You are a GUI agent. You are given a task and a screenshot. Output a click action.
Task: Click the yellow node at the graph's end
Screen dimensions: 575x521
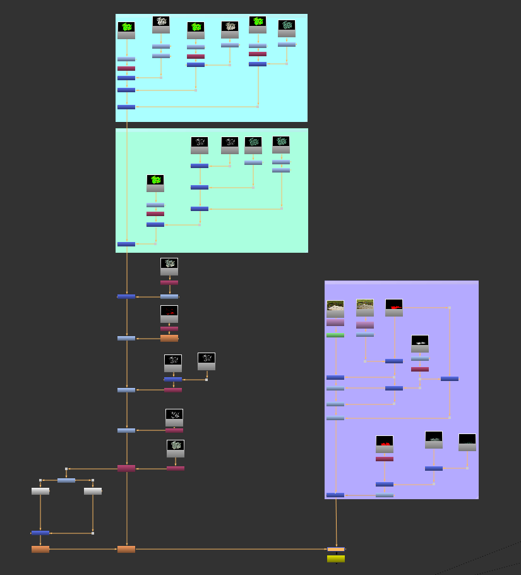tap(336, 559)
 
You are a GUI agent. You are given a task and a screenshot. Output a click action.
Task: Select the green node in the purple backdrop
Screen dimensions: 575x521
tap(335, 336)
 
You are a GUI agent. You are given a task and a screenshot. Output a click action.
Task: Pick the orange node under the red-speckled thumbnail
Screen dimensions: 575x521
tap(169, 339)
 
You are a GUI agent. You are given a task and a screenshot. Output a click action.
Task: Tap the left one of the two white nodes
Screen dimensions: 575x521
tap(40, 491)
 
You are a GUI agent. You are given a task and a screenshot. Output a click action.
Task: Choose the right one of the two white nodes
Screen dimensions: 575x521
tap(93, 491)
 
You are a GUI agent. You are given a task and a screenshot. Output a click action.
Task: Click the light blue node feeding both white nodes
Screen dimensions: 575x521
tap(66, 480)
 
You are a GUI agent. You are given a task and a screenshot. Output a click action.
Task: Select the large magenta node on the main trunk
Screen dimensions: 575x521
tap(126, 468)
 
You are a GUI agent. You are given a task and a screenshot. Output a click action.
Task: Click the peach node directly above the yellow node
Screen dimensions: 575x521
tap(336, 549)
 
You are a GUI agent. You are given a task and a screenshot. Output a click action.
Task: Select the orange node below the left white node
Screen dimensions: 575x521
tap(40, 550)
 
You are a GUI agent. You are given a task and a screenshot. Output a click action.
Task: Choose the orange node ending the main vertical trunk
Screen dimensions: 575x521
tap(126, 550)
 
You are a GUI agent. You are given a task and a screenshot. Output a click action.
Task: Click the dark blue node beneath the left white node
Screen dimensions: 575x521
tap(40, 533)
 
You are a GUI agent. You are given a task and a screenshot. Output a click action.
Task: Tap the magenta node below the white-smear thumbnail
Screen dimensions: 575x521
tap(420, 369)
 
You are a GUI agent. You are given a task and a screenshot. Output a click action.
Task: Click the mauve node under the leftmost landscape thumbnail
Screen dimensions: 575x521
tap(335, 322)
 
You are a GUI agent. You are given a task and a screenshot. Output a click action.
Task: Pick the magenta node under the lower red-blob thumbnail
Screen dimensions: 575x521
tap(385, 459)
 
